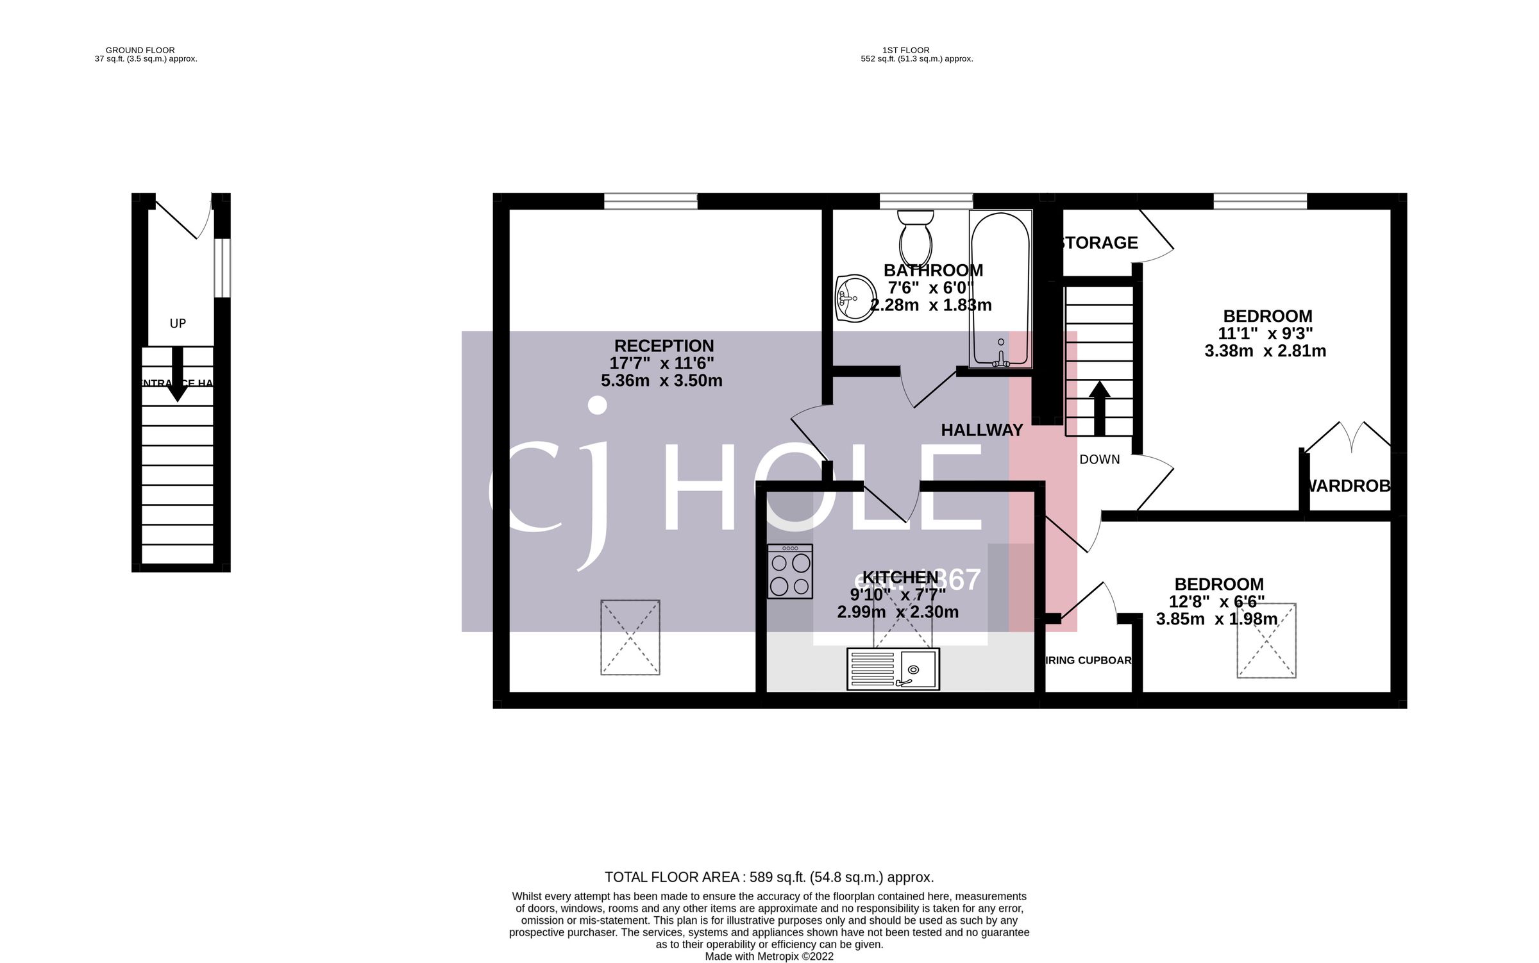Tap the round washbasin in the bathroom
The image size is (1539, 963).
[855, 297]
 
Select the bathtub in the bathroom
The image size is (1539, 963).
[1000, 289]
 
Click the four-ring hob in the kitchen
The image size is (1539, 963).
[790, 571]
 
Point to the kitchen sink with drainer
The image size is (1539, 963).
[893, 669]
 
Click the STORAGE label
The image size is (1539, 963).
[1099, 243]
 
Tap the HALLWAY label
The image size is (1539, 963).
[981, 430]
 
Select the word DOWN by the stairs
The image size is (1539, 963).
[1099, 460]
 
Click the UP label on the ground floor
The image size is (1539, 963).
[178, 324]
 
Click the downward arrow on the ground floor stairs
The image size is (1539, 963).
[178, 375]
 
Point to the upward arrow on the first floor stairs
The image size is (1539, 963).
[1099, 408]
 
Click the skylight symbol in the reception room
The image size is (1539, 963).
[630, 637]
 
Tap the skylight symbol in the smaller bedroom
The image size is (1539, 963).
[1266, 640]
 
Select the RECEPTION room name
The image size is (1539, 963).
[664, 346]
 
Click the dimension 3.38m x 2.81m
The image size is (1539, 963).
[1265, 351]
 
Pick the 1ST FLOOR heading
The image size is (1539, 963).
[905, 50]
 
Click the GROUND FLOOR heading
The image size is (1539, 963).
[140, 50]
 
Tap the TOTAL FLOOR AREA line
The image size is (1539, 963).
[769, 877]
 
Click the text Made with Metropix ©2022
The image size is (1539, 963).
[769, 957]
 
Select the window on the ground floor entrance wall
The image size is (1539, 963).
[222, 268]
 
